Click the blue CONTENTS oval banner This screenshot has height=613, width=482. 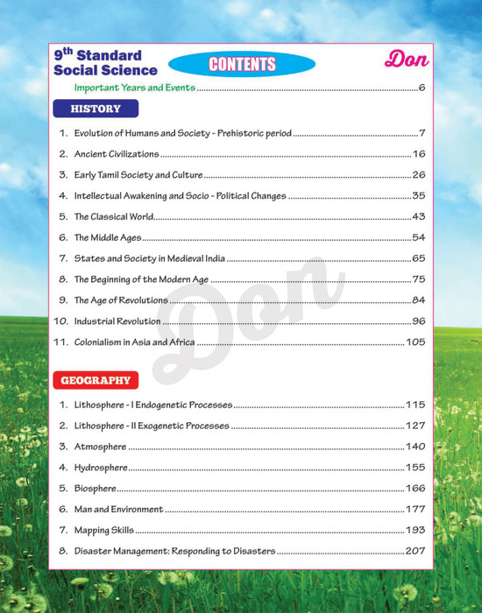(241, 64)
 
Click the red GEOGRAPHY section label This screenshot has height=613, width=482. (95, 381)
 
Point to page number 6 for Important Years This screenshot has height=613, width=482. (422, 88)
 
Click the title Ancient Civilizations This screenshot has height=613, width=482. (117, 154)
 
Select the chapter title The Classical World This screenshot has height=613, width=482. (114, 216)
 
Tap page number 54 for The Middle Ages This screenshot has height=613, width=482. (418, 237)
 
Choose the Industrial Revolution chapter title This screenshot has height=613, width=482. (117, 321)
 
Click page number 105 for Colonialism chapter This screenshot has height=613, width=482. (415, 342)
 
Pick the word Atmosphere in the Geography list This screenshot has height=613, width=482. (100, 447)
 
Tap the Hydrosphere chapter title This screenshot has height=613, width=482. (101, 468)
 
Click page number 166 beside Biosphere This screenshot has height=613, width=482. (415, 488)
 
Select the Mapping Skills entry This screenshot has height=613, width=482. (104, 530)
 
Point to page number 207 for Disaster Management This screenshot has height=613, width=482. (415, 551)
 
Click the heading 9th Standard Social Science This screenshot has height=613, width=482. (105, 63)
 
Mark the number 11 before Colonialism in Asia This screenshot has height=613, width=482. (60, 342)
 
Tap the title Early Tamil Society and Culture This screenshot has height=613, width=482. (138, 175)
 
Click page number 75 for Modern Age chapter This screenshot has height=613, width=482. (418, 279)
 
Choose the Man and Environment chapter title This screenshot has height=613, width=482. (118, 509)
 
